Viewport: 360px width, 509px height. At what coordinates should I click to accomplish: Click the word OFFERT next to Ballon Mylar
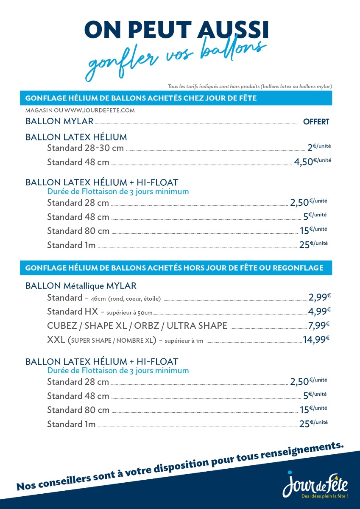(x=316, y=122)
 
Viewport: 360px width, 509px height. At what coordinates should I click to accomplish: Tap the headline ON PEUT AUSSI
(x=176, y=30)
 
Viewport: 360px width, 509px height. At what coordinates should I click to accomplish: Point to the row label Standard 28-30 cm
(x=85, y=148)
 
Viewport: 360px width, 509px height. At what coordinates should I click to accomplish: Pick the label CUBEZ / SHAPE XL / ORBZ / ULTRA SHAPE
(x=137, y=326)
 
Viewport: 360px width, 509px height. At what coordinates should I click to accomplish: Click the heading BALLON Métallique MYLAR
(x=81, y=286)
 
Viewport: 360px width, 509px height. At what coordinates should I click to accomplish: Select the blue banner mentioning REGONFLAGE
(x=176, y=268)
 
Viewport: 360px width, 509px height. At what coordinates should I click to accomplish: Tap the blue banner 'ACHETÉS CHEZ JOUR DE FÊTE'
(x=176, y=98)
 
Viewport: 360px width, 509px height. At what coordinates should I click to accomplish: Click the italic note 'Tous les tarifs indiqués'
(x=250, y=86)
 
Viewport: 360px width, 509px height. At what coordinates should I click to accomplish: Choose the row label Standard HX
(x=73, y=312)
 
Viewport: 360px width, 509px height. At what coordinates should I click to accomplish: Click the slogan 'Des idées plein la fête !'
(x=324, y=496)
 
